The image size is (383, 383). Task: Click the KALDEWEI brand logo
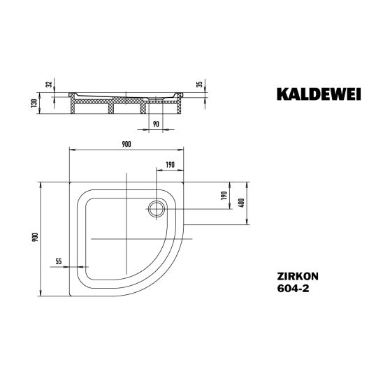coord(319,94)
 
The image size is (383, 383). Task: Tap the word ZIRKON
coord(298,276)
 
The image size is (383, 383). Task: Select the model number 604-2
coord(293,289)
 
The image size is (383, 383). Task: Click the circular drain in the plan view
coord(157,208)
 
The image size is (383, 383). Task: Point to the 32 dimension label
coord(50,85)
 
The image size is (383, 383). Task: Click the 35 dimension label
coord(200,85)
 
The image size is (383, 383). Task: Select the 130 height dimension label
coord(34,103)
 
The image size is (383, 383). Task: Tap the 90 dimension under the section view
coord(156,124)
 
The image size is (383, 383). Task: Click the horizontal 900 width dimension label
coord(127,145)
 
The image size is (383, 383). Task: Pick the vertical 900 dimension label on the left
coord(36,237)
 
